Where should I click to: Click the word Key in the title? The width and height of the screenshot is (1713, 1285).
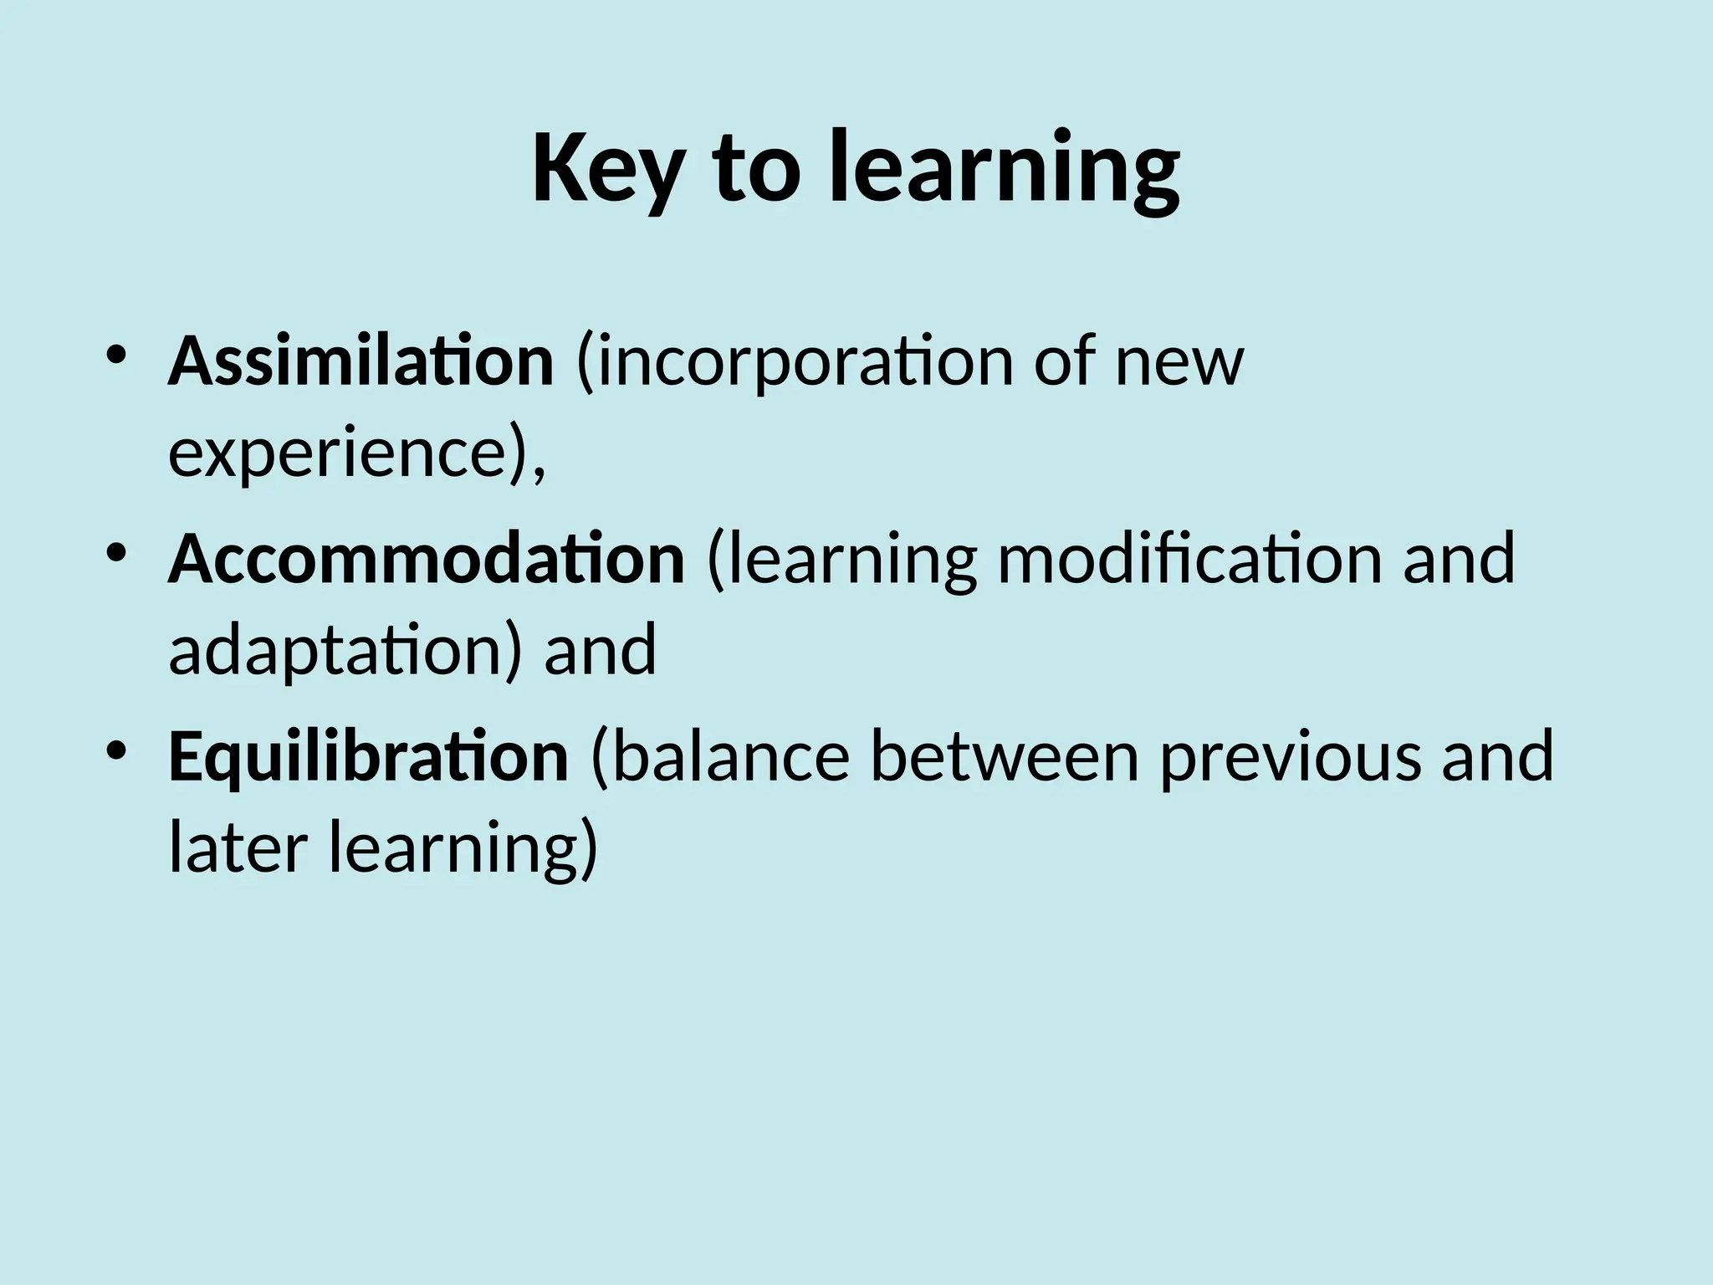[x=610, y=168]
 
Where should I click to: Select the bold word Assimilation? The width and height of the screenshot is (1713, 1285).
[x=360, y=362]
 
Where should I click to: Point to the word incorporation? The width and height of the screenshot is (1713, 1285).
[x=795, y=362]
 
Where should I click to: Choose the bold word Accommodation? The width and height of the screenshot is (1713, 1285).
[x=427, y=559]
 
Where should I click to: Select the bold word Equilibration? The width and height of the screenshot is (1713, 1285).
[x=368, y=756]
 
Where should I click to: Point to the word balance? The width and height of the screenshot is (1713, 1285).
[x=732, y=756]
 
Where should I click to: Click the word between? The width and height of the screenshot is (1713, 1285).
[x=1005, y=756]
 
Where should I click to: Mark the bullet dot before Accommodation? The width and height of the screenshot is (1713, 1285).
[x=116, y=551]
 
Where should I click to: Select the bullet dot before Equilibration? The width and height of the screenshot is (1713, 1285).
[x=116, y=748]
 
